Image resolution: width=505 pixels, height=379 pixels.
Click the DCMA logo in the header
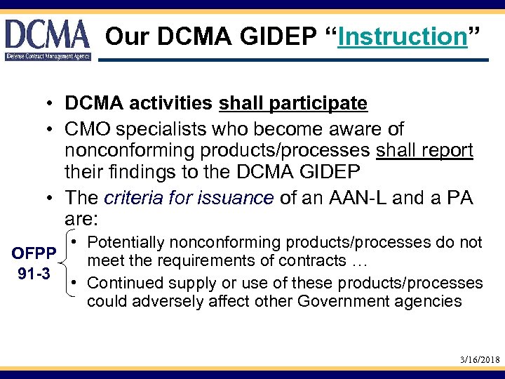tap(48, 39)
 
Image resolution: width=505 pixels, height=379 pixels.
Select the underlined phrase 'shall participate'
tap(293, 104)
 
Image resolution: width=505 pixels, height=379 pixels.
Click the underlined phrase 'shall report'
tap(425, 150)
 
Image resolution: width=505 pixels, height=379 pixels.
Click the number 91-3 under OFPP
tap(34, 273)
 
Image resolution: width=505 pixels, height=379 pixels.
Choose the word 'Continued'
tap(131, 283)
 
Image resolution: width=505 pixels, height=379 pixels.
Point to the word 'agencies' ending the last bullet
tap(429, 302)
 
